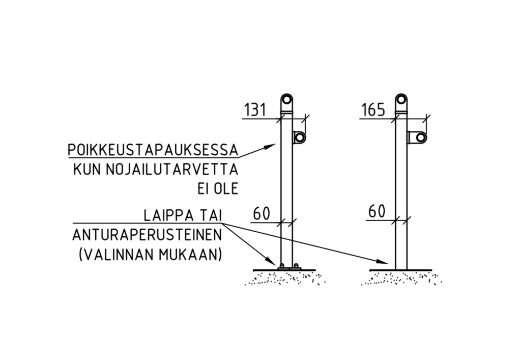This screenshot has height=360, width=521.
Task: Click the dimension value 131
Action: (255, 109)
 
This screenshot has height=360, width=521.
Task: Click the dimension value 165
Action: (373, 109)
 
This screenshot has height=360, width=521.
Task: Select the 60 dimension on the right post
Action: (377, 211)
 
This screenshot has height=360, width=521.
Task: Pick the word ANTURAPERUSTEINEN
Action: (147, 235)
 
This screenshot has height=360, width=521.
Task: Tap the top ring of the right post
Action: (401, 98)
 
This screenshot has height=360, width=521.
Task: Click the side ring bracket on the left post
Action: (299, 137)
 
